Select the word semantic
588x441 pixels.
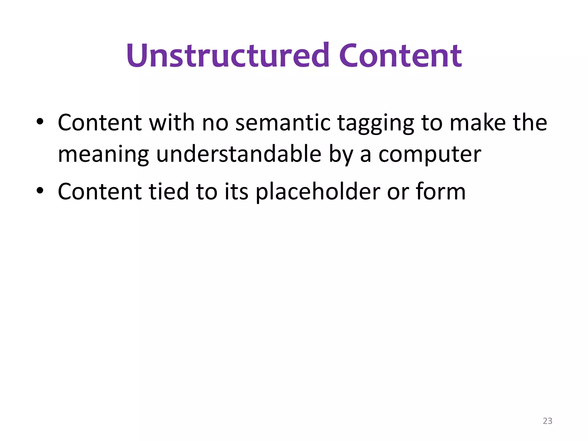tap(283, 123)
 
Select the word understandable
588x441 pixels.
tap(239, 154)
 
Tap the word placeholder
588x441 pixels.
tap(318, 192)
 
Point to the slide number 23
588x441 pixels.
tap(548, 421)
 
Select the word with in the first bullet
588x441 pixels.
tap(172, 123)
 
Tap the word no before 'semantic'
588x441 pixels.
tap(215, 123)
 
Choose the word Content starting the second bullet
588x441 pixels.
tap(100, 192)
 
